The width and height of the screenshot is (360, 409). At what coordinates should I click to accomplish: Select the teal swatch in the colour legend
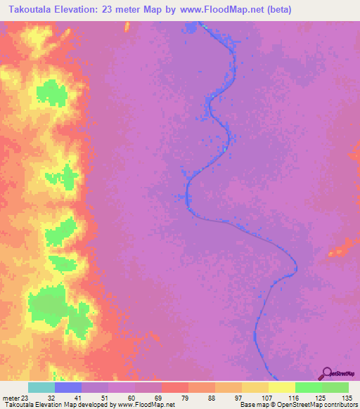coord(41,387)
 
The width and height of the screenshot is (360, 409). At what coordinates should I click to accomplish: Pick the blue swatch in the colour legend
coord(68,387)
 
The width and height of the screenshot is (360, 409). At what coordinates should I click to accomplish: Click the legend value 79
coord(167,397)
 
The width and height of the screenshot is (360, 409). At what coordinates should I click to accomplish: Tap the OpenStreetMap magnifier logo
coord(326,372)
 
